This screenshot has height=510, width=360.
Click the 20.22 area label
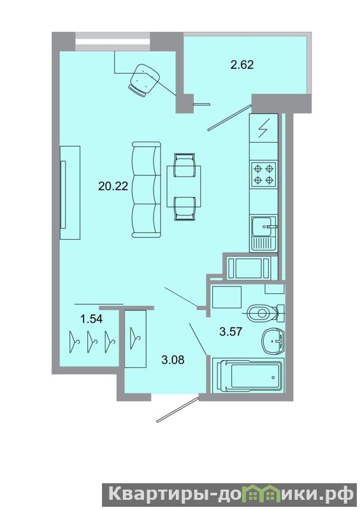(113, 186)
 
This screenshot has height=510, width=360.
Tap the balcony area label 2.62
(241, 65)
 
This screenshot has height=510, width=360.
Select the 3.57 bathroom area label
(231, 331)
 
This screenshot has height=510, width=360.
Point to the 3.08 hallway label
(173, 360)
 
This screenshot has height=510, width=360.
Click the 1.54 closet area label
(91, 319)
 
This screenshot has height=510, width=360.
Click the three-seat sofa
(147, 189)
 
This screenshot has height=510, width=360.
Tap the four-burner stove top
(263, 174)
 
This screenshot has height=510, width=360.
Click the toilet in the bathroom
(266, 313)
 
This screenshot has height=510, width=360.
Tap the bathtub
(248, 375)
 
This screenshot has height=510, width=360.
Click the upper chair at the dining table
(184, 165)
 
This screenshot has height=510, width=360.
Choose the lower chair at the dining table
(184, 208)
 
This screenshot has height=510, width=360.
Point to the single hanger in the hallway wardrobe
(135, 339)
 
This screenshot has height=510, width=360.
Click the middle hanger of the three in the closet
(92, 342)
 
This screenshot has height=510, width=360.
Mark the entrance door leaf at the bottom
(177, 409)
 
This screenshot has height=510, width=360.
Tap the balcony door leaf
(230, 117)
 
